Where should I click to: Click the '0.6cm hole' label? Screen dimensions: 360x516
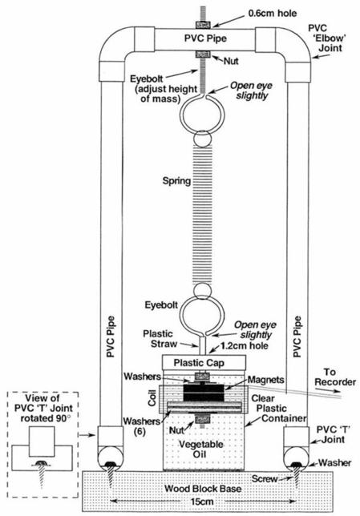pyautogui.click(x=272, y=13)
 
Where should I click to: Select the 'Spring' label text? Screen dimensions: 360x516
pyautogui.click(x=176, y=180)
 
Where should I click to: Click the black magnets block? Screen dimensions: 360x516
pyautogui.click(x=204, y=393)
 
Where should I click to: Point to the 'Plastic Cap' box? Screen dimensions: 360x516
pyautogui.click(x=204, y=363)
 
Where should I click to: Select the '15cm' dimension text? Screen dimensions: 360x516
pyautogui.click(x=201, y=502)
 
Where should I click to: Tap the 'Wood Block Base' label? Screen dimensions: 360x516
pyautogui.click(x=203, y=488)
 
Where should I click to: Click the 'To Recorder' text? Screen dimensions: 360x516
pyautogui.click(x=334, y=377)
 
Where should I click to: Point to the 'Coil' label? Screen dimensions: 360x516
pyautogui.click(x=152, y=397)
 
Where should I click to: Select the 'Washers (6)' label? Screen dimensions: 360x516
pyautogui.click(x=142, y=425)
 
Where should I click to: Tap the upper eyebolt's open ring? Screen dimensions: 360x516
pyautogui.click(x=201, y=115)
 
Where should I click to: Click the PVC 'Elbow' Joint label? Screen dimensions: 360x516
pyautogui.click(x=326, y=38)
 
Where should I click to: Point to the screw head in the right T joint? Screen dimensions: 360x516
pyautogui.click(x=297, y=465)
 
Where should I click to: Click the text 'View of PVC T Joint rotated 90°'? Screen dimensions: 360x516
pyautogui.click(x=43, y=408)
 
